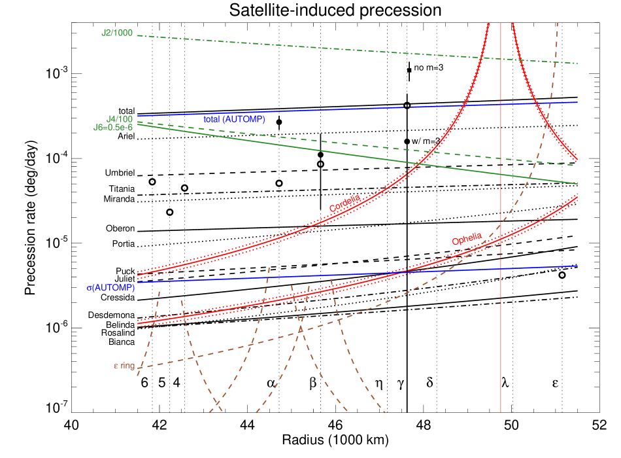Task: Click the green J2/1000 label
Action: point(118,32)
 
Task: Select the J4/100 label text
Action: point(120,119)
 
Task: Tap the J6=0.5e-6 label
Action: point(113,128)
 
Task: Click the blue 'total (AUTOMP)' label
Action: point(234,120)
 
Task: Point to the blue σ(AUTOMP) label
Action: point(110,288)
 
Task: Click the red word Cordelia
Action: point(345,203)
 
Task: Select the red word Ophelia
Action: point(467,239)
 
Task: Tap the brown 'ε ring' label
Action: point(124,366)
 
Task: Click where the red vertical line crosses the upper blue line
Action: point(501,104)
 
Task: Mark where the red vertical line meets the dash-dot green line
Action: point(501,59)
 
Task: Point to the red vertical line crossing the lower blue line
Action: point(501,268)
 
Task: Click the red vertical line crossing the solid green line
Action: point(501,174)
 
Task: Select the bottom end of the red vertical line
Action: point(501,412)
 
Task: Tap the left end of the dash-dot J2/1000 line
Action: point(138,35)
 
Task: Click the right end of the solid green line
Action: point(578,184)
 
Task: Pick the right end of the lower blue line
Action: point(578,266)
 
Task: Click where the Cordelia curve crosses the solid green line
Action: point(420,162)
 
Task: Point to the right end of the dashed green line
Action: point(578,166)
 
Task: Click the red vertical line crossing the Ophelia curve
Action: point(501,239)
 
